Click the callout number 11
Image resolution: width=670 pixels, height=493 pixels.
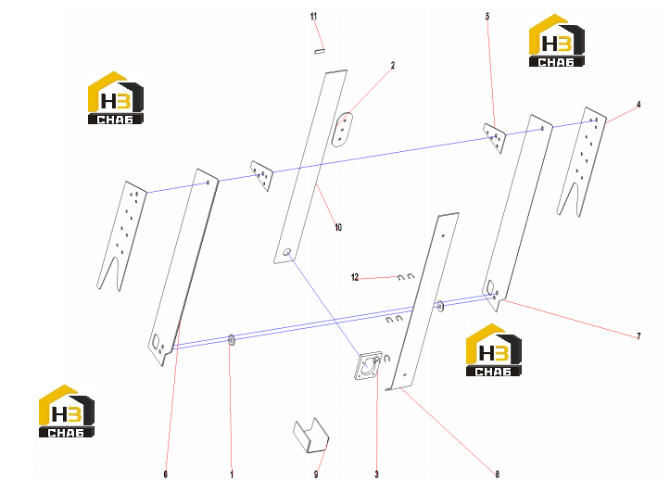point(313,17)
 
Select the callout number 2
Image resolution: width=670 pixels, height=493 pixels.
point(393,66)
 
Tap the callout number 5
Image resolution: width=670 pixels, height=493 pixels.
point(487,17)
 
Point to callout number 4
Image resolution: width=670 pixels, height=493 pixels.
point(638,104)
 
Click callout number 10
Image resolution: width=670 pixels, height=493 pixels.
point(338,227)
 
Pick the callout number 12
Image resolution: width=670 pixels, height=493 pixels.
point(355,277)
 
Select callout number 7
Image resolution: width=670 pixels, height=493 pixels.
point(638,336)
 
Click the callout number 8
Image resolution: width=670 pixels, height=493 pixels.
point(497,474)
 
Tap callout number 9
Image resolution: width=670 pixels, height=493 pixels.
point(316,474)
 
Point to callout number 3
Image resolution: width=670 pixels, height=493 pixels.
point(376,474)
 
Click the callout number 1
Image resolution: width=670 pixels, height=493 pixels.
point(232,474)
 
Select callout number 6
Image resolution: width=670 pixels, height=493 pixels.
point(165,474)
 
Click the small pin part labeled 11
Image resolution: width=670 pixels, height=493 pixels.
point(320,51)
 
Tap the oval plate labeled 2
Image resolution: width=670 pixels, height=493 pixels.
point(342,130)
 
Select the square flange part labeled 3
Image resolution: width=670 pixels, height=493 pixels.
point(368,365)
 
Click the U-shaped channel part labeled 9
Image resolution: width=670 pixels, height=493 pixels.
point(311,436)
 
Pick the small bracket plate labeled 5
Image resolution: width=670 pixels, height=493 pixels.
point(494,137)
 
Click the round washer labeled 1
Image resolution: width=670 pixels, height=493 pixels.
point(231,340)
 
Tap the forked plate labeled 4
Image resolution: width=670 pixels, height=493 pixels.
point(582,161)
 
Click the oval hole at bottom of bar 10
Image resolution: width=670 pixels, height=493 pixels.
point(287,252)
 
